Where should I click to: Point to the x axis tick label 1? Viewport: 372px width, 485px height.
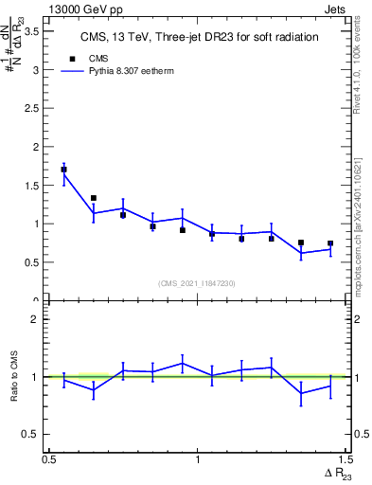pyautogui.click(x=197, y=459)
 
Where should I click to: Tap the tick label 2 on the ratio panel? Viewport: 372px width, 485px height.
pyautogui.click(x=38, y=319)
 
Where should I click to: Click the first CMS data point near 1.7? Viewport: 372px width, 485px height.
pyautogui.click(x=63, y=170)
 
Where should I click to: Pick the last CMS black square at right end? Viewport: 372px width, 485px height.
pyautogui.click(x=330, y=243)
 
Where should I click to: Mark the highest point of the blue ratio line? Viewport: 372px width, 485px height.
pyautogui.click(x=182, y=363)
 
